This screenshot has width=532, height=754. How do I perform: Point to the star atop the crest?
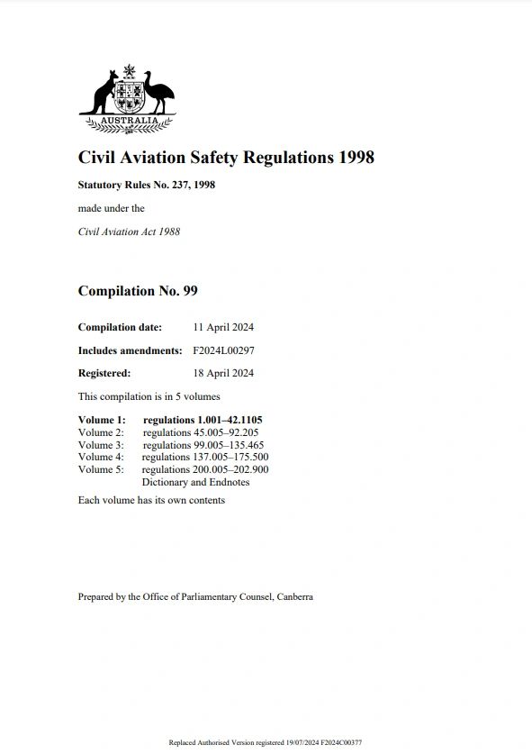[x=128, y=69]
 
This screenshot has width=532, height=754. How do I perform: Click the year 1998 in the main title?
[x=356, y=158]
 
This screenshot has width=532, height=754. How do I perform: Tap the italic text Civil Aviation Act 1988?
[x=129, y=232]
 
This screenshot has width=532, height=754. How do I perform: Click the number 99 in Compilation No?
[x=189, y=291]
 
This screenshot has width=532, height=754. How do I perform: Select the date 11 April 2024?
[x=223, y=327]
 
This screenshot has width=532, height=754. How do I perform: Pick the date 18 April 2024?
[x=223, y=373]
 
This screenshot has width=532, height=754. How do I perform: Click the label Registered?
[x=104, y=373]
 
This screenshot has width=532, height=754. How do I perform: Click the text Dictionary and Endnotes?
[x=195, y=482]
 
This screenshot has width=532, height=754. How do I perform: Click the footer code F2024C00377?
[x=342, y=742]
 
